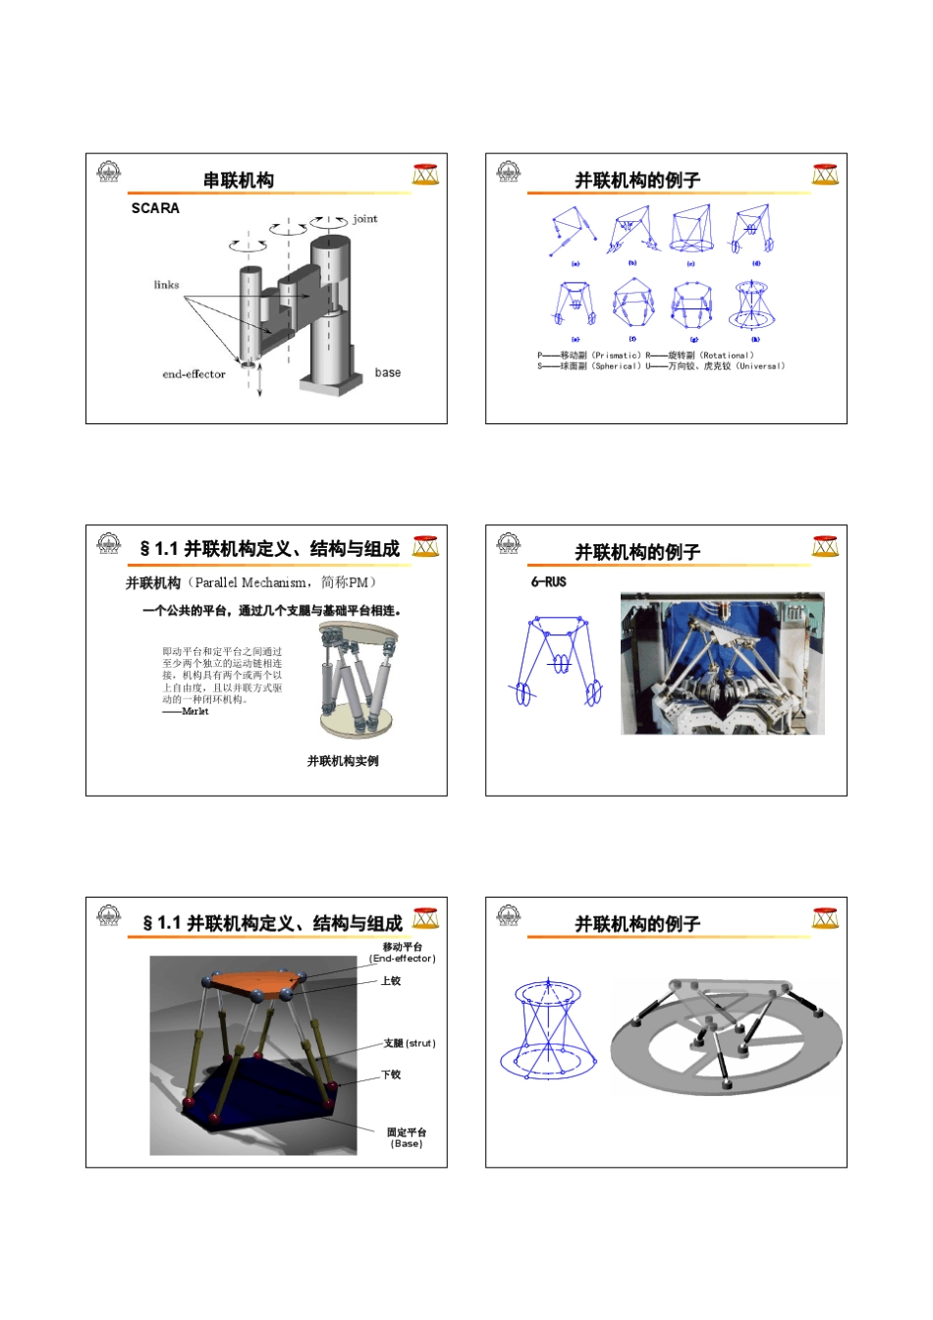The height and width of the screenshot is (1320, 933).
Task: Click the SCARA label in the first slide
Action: (155, 208)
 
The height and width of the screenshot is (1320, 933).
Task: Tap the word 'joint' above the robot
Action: (364, 219)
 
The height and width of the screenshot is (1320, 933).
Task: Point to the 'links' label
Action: (166, 285)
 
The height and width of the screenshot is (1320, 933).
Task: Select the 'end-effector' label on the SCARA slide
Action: (193, 374)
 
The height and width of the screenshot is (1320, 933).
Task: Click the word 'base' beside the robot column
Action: (388, 373)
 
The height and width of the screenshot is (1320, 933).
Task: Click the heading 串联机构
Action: (239, 181)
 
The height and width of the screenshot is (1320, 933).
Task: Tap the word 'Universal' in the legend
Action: (760, 366)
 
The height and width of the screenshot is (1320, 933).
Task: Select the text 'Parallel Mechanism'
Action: (249, 582)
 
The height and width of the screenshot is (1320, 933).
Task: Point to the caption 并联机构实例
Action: (343, 761)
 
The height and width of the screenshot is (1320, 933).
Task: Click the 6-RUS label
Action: (548, 581)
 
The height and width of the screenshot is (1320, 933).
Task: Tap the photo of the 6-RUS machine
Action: (722, 663)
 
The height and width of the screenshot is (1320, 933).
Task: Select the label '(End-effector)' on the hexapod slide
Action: (403, 959)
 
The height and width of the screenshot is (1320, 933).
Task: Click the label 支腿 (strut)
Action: (410, 1043)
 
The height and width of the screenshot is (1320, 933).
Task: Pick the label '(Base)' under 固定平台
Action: (407, 1144)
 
